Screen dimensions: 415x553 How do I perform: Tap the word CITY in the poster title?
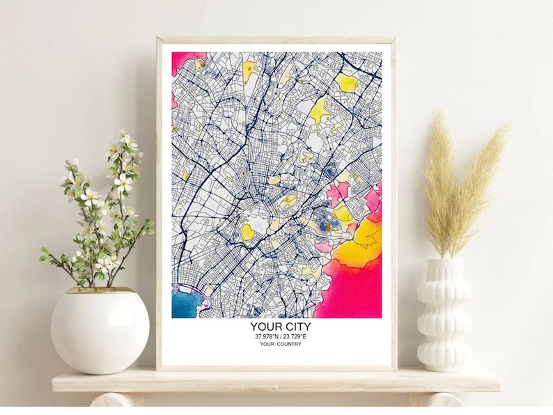point(296,327)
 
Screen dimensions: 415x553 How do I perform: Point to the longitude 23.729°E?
point(294,337)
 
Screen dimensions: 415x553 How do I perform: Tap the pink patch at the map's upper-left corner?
point(182,59)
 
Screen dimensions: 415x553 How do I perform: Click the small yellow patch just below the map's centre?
point(248,232)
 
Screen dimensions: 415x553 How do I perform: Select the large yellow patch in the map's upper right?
point(320,109)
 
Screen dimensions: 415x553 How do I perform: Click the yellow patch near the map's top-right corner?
point(347,83)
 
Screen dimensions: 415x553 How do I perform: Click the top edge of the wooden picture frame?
point(276,40)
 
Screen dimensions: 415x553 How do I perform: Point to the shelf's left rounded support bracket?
point(111,400)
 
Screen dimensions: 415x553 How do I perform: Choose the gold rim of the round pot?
point(100,290)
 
